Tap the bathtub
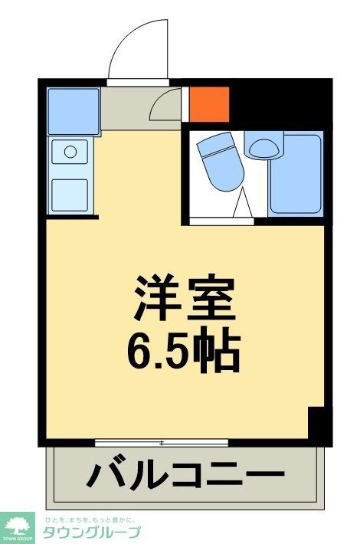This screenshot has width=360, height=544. (x=295, y=174)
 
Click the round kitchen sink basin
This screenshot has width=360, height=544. (x=70, y=152)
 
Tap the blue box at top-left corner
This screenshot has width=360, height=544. (x=73, y=111)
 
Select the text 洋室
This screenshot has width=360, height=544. (x=183, y=299)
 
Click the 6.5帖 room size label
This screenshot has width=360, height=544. (x=183, y=350)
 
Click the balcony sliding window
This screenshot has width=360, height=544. (x=162, y=443)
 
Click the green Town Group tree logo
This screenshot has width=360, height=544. (x=17, y=526)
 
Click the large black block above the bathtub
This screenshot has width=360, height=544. (x=280, y=103)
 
